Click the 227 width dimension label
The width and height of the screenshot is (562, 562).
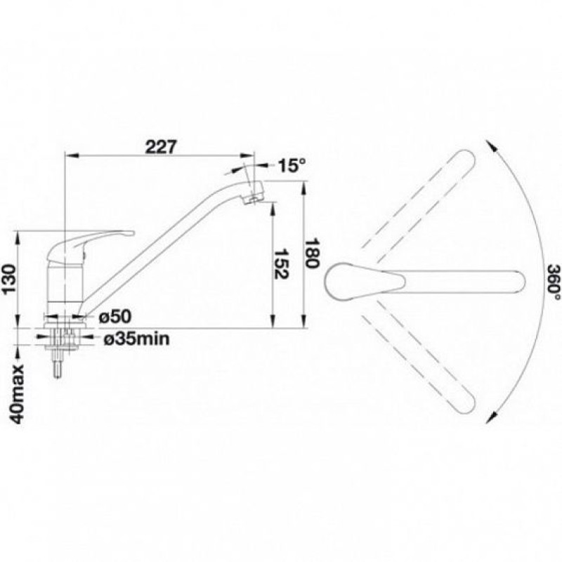tap(161, 147)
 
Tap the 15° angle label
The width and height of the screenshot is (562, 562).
tap(292, 165)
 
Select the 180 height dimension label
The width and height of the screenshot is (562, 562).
tap(311, 253)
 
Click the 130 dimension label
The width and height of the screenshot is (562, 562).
tap(9, 278)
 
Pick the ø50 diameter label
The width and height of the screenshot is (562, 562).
tap(115, 316)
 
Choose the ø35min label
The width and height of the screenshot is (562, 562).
tap(136, 339)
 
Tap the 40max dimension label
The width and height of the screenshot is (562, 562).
tap(17, 394)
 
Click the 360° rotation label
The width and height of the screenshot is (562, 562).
tap(554, 282)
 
